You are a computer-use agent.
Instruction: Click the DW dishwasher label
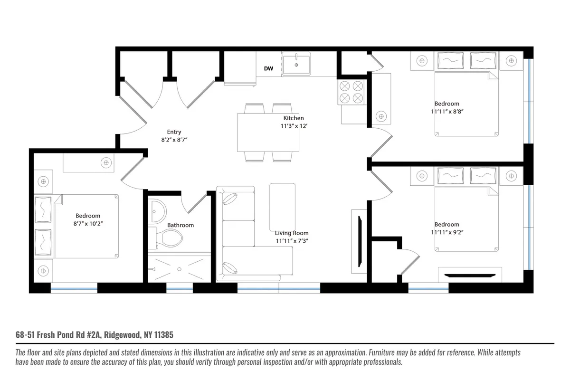pyautogui.click(x=268, y=69)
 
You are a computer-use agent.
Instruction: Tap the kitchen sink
pyautogui.click(x=296, y=64)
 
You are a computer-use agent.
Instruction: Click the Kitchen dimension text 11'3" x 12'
pyautogui.click(x=293, y=126)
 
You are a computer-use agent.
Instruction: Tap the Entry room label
pyautogui.click(x=174, y=132)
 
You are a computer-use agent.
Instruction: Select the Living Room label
pyautogui.click(x=292, y=233)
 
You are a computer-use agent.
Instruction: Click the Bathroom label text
pyautogui.click(x=180, y=225)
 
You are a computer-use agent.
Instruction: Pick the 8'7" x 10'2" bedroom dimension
pyautogui.click(x=87, y=224)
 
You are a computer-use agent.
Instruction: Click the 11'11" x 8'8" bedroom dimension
pyautogui.click(x=446, y=112)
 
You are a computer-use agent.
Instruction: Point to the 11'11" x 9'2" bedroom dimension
pyautogui.click(x=446, y=232)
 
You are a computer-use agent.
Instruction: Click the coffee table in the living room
pyautogui.click(x=282, y=207)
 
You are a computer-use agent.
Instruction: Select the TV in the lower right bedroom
pyautogui.click(x=470, y=275)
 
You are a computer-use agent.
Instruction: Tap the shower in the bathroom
pyautogui.click(x=179, y=268)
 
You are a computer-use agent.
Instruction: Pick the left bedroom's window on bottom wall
pyautogui.click(x=74, y=288)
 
